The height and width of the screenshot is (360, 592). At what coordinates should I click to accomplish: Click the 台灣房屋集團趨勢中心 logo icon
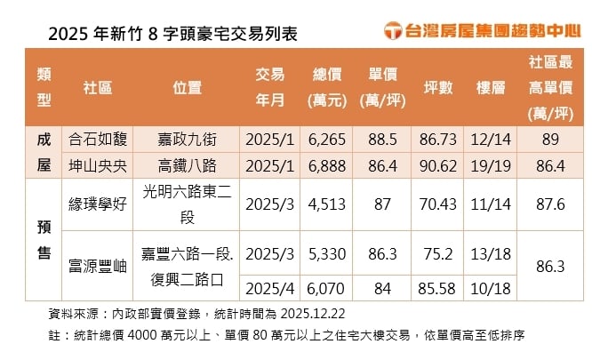[x=393, y=31]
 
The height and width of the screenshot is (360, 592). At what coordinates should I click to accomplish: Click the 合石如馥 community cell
[x=98, y=140]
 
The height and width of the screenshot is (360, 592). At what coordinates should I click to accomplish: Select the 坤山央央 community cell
[x=98, y=165]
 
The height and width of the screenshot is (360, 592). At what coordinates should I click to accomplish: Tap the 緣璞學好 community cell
[x=98, y=204]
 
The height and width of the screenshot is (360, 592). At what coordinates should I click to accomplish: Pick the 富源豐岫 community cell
[x=98, y=264]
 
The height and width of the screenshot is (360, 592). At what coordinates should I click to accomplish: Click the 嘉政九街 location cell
[x=187, y=140]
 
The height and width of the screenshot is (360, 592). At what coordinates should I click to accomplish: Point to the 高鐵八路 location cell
[x=187, y=165]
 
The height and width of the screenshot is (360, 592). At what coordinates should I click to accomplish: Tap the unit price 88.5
[x=381, y=140]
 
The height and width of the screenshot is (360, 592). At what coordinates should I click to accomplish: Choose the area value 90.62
[x=438, y=165]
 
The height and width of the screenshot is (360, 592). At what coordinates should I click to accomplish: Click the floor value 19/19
[x=490, y=165]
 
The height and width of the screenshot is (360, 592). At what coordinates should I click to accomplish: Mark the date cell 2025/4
[x=269, y=288]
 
